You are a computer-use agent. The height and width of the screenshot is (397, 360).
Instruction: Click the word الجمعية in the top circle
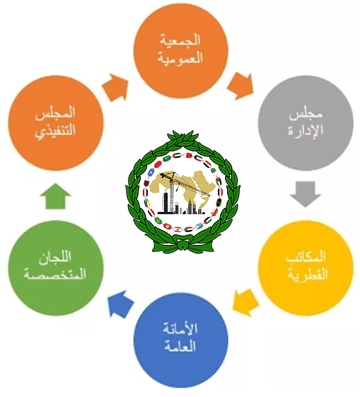pos(180,41)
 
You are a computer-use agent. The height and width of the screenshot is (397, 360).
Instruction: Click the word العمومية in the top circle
pos(180,58)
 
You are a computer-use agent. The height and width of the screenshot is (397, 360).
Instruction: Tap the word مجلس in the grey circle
pos(306,115)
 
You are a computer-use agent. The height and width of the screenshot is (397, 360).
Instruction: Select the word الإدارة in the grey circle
pos(305,131)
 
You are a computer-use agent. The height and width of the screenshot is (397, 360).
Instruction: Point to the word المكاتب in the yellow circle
pos(306,257)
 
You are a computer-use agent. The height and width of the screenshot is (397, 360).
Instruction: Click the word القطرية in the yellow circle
pos(308,274)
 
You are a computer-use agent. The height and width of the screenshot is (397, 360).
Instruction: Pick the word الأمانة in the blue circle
pos(180,328)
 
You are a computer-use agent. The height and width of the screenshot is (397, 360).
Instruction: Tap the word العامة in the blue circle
pos(180,346)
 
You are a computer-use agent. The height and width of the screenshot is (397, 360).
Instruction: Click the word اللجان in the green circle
pos(55,258)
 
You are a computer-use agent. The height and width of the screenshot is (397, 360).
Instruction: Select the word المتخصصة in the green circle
pos(55,274)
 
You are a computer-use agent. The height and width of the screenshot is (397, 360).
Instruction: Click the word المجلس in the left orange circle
pos(55,114)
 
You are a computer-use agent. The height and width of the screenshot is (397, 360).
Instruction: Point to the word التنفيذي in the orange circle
pos(55,131)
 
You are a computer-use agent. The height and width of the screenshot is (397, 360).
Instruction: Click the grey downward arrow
pos(305,194)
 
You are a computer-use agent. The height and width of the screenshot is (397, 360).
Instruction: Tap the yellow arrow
pos(245,302)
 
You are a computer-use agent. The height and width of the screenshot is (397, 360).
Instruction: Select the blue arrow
pos(121,304)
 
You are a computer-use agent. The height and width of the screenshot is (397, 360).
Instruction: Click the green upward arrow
pos(55,196)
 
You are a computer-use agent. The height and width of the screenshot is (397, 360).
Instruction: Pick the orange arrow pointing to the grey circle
pos(241,86)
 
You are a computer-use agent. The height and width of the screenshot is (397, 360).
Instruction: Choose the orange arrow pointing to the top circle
pos(116,87)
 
